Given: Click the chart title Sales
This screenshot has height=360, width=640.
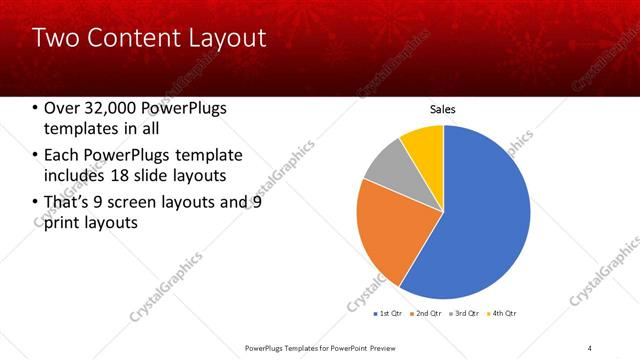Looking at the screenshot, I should [443, 108].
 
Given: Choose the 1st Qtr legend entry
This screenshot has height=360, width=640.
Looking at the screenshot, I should [389, 313].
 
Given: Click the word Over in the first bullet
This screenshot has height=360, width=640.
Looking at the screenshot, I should [63, 108].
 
